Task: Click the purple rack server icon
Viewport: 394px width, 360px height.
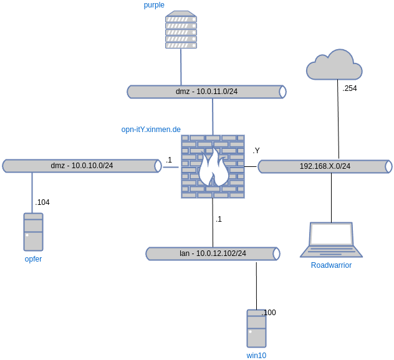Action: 181,30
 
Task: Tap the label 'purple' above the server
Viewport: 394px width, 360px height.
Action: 154,5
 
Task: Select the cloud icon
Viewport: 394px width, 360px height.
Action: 334,65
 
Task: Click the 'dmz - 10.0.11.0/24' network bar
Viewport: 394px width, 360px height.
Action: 206,92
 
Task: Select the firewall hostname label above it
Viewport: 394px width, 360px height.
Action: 151,130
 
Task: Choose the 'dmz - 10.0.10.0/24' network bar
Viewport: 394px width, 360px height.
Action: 82,166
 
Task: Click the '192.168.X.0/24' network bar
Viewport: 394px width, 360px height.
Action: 325,166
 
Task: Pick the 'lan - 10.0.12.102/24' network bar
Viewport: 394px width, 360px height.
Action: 213,253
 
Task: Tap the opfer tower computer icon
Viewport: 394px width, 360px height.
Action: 33,232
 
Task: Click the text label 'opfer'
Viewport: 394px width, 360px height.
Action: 33,258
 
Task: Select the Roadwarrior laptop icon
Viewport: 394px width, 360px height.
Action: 331,240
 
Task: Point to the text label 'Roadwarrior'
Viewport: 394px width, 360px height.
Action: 331,265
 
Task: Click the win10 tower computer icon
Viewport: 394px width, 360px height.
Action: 256,328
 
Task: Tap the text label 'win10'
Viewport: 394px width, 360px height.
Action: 256,355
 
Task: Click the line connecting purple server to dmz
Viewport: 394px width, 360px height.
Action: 181,67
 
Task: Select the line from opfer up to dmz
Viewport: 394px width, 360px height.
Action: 32,192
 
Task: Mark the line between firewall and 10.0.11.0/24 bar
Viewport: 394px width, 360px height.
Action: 213,116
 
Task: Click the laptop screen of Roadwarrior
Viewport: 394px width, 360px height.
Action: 332,234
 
